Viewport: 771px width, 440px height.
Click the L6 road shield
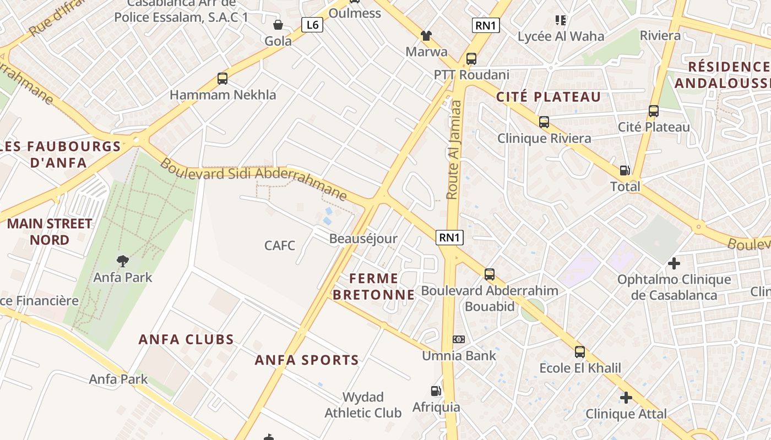tap(312, 25)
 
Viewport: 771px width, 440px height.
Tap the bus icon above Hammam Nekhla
tap(222, 79)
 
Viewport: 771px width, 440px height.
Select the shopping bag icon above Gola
tap(278, 25)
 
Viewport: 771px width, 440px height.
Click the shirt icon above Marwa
tap(426, 36)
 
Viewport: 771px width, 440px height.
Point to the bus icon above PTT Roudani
tap(471, 59)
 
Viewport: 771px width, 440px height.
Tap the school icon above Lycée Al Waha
tap(561, 20)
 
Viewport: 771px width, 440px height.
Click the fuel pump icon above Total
tap(625, 170)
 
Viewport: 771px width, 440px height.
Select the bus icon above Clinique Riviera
tap(544, 122)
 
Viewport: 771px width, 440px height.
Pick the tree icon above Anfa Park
tap(123, 261)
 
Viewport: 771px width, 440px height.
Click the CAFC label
tap(280, 245)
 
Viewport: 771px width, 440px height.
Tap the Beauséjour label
tap(363, 239)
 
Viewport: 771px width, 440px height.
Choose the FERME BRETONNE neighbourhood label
tap(373, 286)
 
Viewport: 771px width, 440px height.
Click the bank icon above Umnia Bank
tap(459, 339)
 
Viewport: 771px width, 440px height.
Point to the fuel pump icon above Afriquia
tap(436, 391)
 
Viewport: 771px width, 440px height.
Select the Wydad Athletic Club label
tap(363, 405)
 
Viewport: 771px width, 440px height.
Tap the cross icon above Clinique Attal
tap(626, 397)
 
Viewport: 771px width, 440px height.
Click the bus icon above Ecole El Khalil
tap(580, 352)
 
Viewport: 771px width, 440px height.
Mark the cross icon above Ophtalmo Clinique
tap(674, 263)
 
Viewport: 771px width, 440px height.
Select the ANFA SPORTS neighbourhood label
tap(307, 360)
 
